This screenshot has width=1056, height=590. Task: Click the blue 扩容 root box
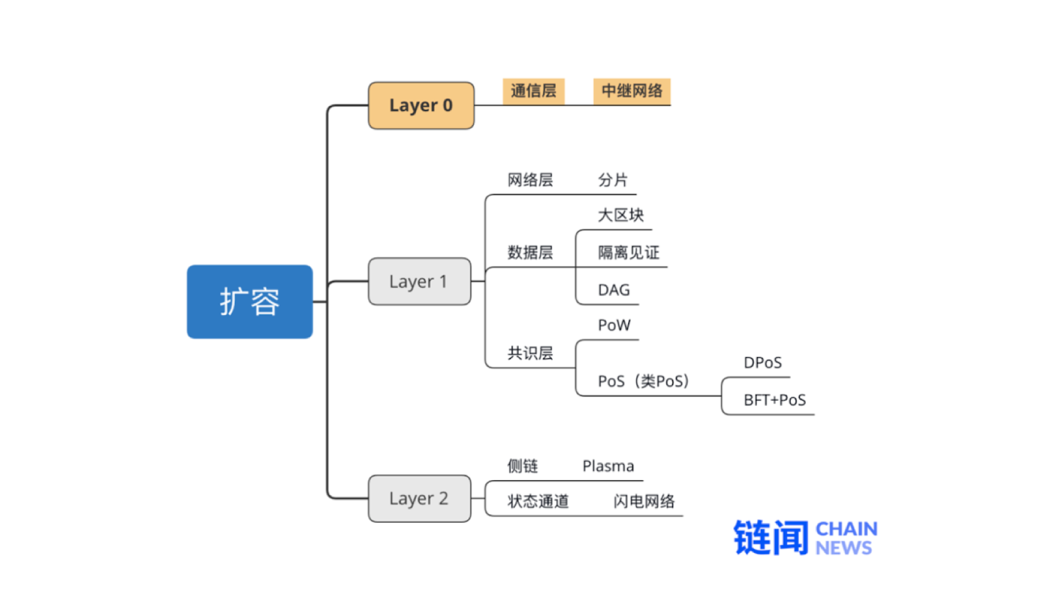pos(250,301)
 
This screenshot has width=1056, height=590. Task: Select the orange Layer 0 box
pos(421,106)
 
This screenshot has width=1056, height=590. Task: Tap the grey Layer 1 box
pos(419,281)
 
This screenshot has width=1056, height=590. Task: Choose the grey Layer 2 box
pos(419,499)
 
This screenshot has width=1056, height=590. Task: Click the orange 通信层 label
pos(533,91)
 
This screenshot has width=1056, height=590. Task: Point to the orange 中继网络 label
pos(632,91)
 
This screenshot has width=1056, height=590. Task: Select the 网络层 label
pos(530,180)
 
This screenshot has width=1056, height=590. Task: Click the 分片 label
pos(612,180)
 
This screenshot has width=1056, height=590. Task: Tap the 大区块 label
pos(621,215)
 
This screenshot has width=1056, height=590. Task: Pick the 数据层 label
pos(530,253)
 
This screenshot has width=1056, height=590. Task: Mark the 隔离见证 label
pos(629,253)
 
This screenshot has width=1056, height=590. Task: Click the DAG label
pos(614,290)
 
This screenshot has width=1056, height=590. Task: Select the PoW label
pos(614,325)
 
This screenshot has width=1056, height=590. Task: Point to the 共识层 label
pos(530,353)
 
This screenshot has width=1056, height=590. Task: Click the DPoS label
pos(762,363)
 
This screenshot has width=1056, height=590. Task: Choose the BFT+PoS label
pos(774,401)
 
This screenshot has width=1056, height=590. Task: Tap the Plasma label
pos(608,467)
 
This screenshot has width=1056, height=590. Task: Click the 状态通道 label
pos(538,502)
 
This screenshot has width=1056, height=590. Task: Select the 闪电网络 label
pos(644,502)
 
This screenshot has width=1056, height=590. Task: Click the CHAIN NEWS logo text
pos(846,538)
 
